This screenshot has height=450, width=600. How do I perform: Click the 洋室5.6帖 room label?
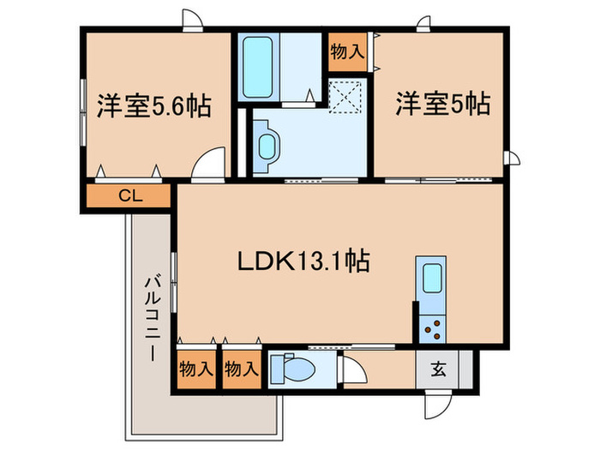(x=154, y=111)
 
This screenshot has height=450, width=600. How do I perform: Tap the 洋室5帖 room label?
(x=441, y=105)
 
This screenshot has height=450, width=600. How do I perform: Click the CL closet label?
(x=130, y=195)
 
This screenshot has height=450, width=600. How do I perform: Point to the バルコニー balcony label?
(x=153, y=317)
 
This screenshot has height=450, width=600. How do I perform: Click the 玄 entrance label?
(x=438, y=370)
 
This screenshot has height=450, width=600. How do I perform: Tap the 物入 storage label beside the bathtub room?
(x=347, y=51)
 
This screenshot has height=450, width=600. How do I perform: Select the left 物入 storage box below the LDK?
(x=196, y=370)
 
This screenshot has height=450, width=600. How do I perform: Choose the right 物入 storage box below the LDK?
(x=241, y=370)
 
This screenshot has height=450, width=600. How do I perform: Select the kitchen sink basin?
(x=431, y=278)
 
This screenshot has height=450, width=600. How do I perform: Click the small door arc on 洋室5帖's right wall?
(x=512, y=156)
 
